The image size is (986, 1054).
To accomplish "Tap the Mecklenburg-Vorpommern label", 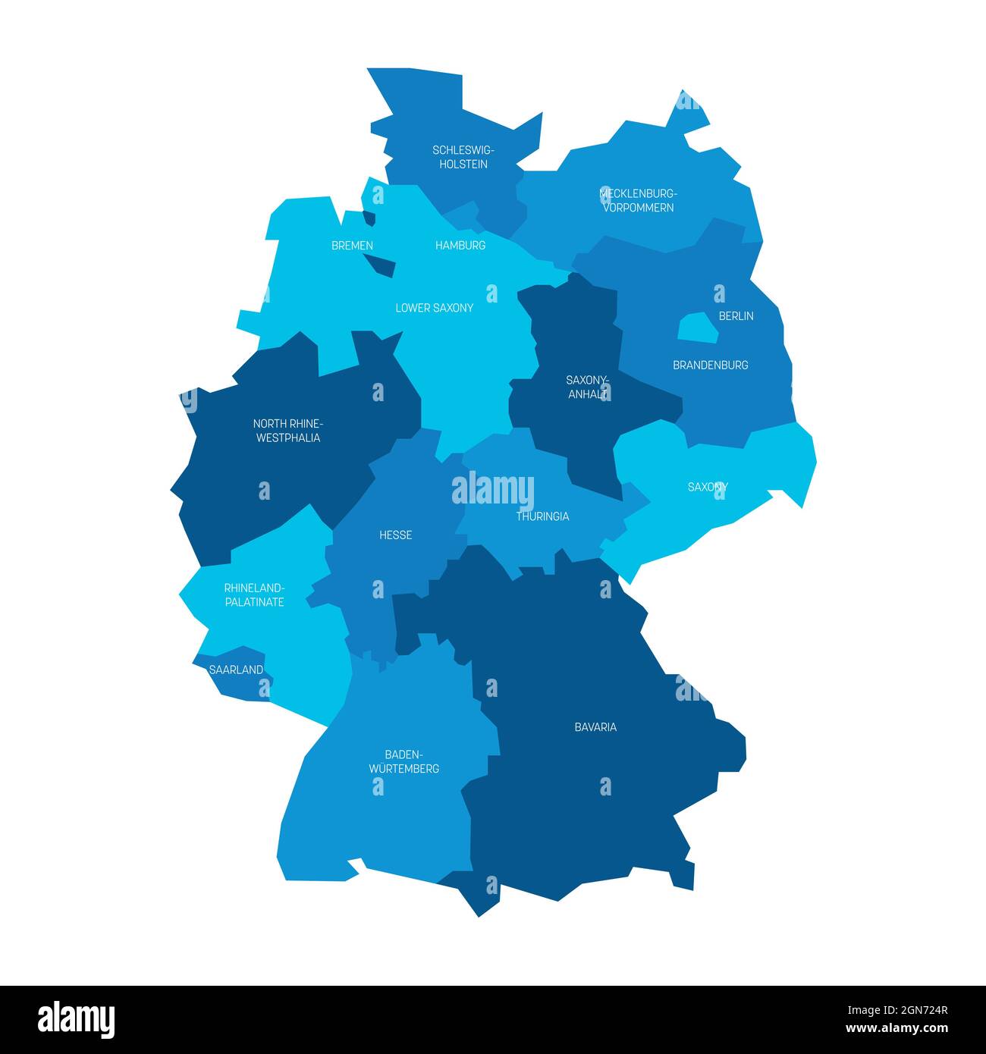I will pyautogui.click(x=638, y=200).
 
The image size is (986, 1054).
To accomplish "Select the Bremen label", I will pyautogui.click(x=352, y=246).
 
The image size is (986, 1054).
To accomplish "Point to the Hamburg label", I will pyautogui.click(x=460, y=246).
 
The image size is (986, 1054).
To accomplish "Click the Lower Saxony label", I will pyautogui.click(x=434, y=308).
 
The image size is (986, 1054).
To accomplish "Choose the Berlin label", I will pyautogui.click(x=736, y=315).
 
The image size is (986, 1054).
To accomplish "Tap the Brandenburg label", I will pyautogui.click(x=710, y=365).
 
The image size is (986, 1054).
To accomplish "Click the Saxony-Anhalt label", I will pyautogui.click(x=587, y=387).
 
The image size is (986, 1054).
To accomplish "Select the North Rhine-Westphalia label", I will pyautogui.click(x=288, y=431).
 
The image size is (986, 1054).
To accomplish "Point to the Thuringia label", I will pyautogui.click(x=542, y=516).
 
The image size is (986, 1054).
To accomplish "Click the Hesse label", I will pyautogui.click(x=395, y=535).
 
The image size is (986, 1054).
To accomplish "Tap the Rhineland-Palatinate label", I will pyautogui.click(x=254, y=595).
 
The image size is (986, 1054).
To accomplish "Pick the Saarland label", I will pyautogui.click(x=235, y=670).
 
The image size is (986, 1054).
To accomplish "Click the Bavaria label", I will pyautogui.click(x=595, y=727).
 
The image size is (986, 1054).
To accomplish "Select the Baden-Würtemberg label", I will pyautogui.click(x=404, y=761).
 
